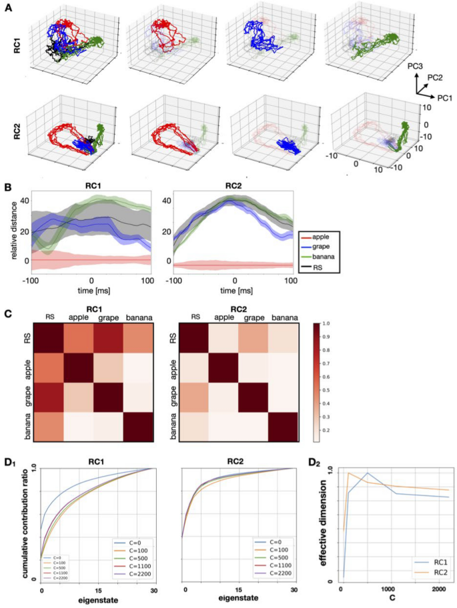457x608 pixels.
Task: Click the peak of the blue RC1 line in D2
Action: (368, 473)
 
